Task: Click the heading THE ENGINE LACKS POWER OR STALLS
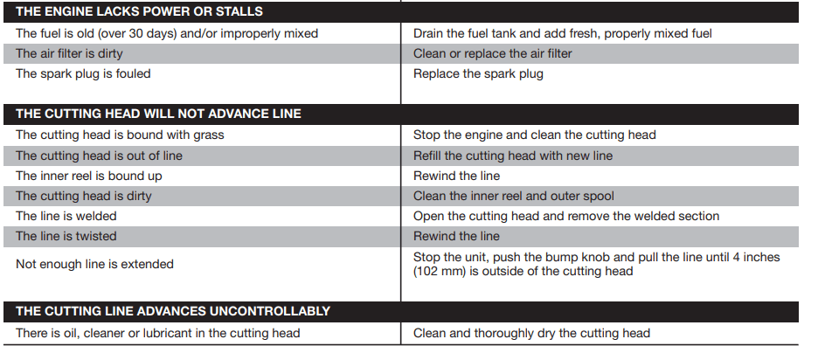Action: [139, 12]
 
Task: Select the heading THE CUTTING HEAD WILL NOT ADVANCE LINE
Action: [158, 114]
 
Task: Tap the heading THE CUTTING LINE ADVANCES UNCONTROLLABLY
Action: [173, 311]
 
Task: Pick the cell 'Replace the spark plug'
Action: [478, 73]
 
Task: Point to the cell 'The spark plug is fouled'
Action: [83, 73]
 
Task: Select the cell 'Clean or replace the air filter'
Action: [493, 53]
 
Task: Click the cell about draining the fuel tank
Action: [563, 33]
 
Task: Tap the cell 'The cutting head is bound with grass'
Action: [120, 135]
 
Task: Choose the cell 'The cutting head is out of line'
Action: [99, 156]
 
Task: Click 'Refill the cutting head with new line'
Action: [513, 156]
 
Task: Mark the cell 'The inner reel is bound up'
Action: [88, 176]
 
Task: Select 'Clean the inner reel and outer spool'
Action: [514, 196]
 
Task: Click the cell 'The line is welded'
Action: [66, 216]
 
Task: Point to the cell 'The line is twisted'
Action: [66, 236]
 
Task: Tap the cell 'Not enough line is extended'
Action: [94, 264]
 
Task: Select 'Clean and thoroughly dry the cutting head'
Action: [531, 333]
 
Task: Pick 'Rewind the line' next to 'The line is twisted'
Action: [456, 236]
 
